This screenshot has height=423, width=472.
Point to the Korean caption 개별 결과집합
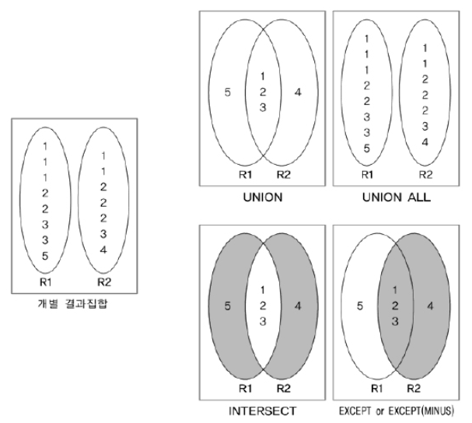pyautogui.click(x=75, y=302)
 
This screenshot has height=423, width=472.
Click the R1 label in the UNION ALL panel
pyautogui.click(x=368, y=176)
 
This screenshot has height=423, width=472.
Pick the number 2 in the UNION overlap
pyautogui.click(x=262, y=92)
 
